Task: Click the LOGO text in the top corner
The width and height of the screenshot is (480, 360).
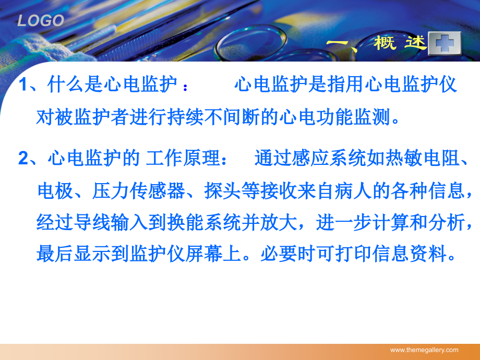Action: pos(41,21)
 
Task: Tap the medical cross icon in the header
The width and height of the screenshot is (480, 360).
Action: pos(445,44)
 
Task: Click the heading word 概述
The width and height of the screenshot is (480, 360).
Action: pos(400,43)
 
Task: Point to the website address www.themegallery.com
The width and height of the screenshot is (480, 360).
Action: pos(424,350)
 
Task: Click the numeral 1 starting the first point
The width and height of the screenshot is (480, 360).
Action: pos(23,85)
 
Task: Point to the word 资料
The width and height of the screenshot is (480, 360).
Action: pos(433,255)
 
